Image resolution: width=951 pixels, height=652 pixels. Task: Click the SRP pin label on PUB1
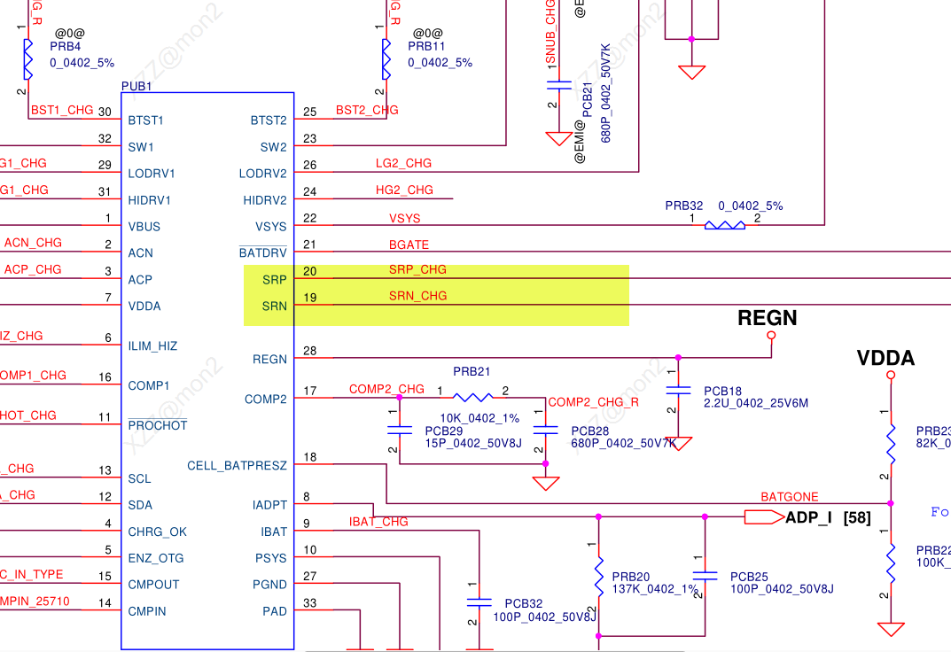275,280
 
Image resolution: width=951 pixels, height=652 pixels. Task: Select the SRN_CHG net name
417,296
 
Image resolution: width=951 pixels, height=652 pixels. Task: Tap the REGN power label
768,318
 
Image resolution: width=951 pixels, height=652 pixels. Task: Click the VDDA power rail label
885,358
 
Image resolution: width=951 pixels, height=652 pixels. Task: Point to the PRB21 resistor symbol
472,397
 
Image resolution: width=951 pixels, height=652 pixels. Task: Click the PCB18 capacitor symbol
678,390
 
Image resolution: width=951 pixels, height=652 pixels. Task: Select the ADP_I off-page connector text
808,517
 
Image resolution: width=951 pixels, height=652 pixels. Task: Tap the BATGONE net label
790,497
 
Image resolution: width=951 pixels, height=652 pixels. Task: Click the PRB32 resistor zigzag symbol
724,225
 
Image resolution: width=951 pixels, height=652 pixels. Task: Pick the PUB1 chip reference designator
136,86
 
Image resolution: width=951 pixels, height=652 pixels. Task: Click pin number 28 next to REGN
309,351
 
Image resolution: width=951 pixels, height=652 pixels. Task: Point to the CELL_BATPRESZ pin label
238,466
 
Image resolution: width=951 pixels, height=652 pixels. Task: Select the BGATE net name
409,244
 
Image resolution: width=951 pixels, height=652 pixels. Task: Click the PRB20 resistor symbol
598,576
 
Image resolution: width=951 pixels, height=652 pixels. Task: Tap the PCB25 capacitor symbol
705,576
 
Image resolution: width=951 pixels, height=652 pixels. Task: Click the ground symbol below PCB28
545,483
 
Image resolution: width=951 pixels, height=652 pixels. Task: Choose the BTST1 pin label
145,120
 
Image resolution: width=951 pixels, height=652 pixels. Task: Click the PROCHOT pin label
158,426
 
